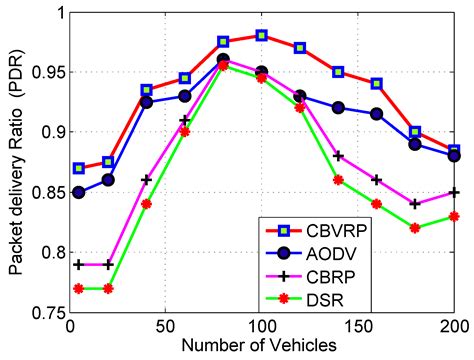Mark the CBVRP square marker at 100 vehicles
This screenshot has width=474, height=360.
click(262, 35)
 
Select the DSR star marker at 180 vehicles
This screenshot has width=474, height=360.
click(416, 227)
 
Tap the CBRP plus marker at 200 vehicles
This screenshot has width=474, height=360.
click(454, 191)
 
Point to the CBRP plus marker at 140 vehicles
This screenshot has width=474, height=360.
click(339, 155)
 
